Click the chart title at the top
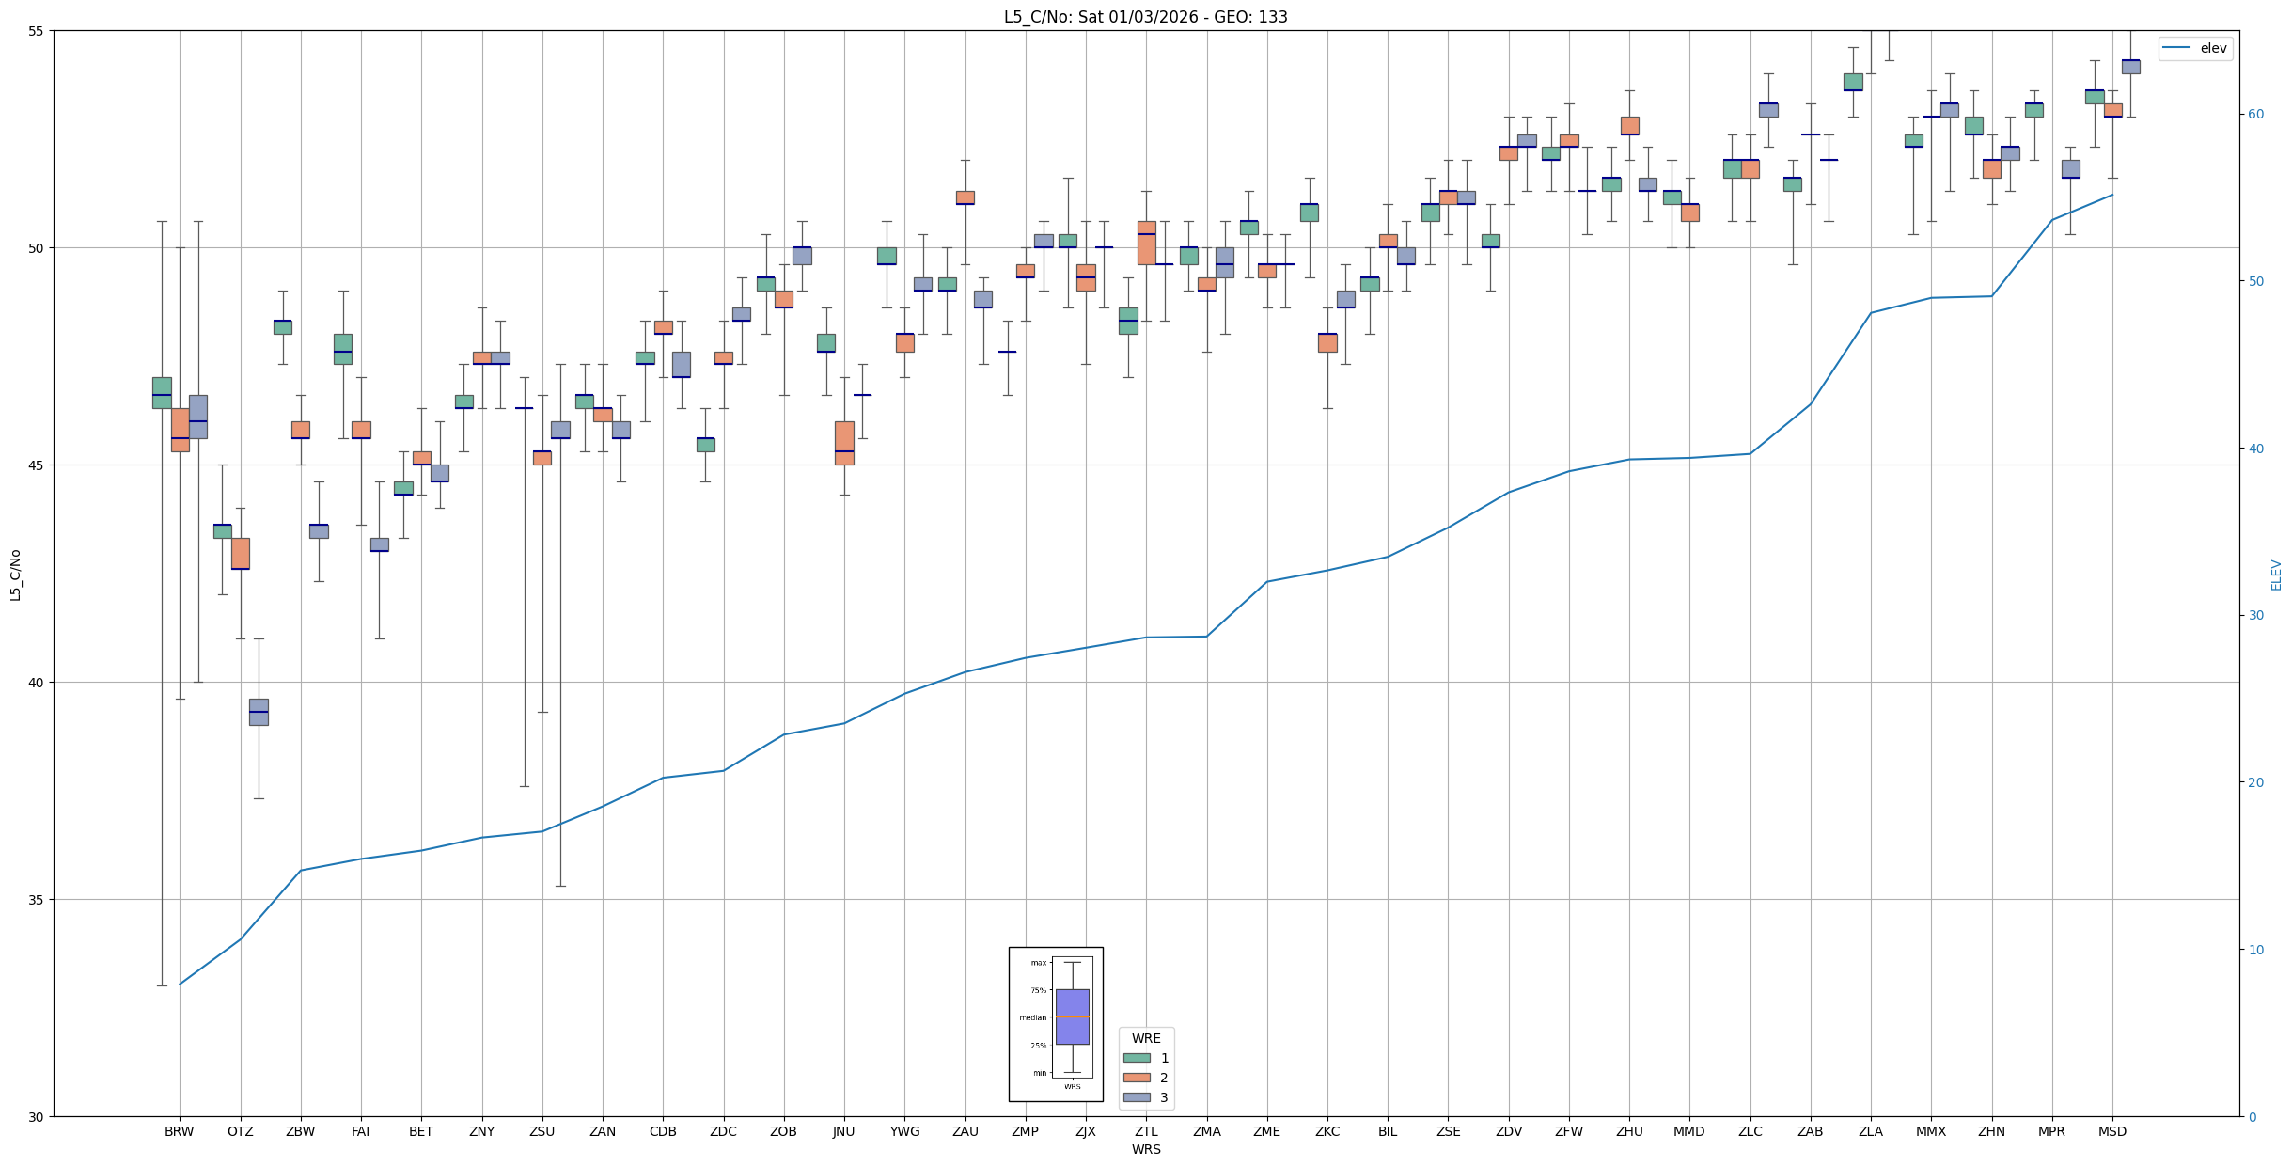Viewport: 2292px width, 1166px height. tap(1145, 17)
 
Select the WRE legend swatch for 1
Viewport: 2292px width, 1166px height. tap(1137, 1058)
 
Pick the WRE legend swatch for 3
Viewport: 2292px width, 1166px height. tap(1137, 1097)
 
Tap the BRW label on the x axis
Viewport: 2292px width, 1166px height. tap(179, 1131)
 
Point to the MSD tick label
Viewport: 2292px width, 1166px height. tap(2111, 1131)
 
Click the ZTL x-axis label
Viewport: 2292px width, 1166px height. tap(1146, 1131)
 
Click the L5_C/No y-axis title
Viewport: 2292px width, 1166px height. tap(15, 575)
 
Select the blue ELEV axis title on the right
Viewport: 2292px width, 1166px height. tap(2276, 575)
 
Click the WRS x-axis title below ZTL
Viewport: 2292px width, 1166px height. tap(1146, 1149)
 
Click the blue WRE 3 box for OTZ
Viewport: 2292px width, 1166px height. tap(259, 712)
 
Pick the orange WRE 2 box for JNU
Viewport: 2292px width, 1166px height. tap(844, 443)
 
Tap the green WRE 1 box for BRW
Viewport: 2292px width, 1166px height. tap(162, 392)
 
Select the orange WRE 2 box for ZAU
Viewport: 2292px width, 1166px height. tap(965, 197)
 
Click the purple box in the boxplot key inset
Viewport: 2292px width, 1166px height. tap(1072, 1016)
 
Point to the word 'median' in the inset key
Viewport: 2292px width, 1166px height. tap(1032, 1017)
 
